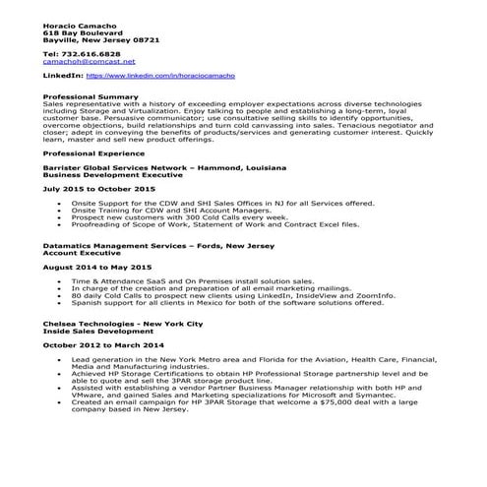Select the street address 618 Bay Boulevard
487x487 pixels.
[x=79, y=30]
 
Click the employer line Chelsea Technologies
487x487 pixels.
[x=123, y=322]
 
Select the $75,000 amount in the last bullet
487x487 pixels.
[x=333, y=401]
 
